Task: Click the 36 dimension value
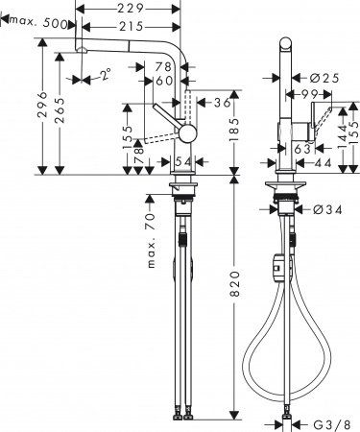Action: point(220,103)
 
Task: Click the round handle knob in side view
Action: point(188,131)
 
